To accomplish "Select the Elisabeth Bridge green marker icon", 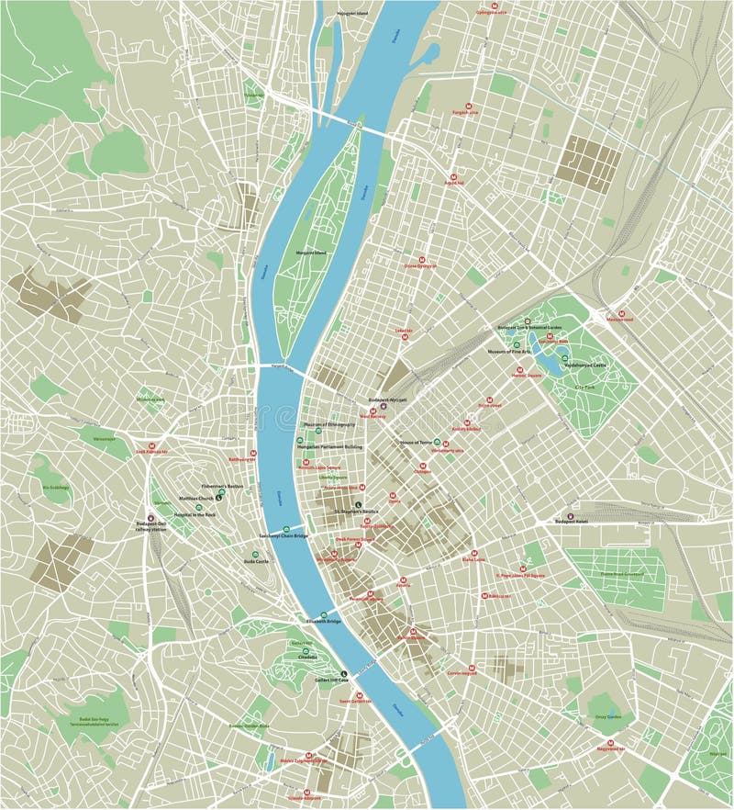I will coord(323,615).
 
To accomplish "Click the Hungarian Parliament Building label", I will coord(333,446).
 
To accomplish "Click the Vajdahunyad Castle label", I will coord(585,366).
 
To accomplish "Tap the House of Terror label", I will coord(415,443).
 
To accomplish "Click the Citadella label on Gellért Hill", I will coord(307,658).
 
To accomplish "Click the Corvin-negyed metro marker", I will coord(472,668).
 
